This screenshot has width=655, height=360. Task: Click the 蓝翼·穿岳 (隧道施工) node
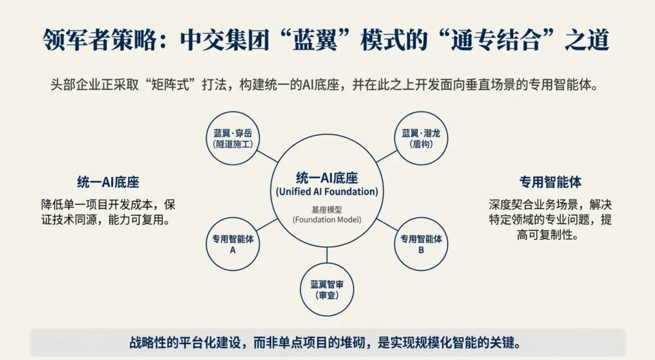(233, 138)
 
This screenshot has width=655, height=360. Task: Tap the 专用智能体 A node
(233, 244)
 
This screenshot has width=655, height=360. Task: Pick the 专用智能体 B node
(421, 244)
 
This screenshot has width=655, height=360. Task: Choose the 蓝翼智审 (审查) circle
(327, 289)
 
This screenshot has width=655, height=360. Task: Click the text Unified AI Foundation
(327, 192)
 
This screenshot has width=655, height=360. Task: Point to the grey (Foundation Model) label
(327, 219)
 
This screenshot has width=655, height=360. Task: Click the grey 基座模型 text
(327, 208)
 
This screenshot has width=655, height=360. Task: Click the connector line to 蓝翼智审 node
(327, 255)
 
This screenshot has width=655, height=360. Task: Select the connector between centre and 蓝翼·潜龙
(386, 157)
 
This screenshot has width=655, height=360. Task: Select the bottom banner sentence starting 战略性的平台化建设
(327, 342)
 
